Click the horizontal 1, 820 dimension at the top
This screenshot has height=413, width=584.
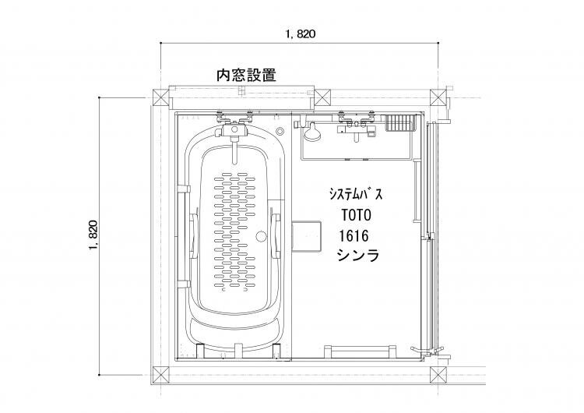tap(301, 34)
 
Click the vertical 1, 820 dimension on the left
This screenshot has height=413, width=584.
tap(93, 235)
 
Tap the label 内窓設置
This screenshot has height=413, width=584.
tap(247, 75)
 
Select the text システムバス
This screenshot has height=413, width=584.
tap(356, 194)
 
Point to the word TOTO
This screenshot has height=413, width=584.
tap(357, 215)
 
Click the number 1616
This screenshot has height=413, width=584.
tap(354, 235)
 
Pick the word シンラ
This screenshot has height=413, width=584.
tap(358, 256)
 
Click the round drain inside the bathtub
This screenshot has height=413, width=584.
tap(261, 236)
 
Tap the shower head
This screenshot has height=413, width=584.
tap(312, 132)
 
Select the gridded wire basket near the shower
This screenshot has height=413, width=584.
tap(399, 122)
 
